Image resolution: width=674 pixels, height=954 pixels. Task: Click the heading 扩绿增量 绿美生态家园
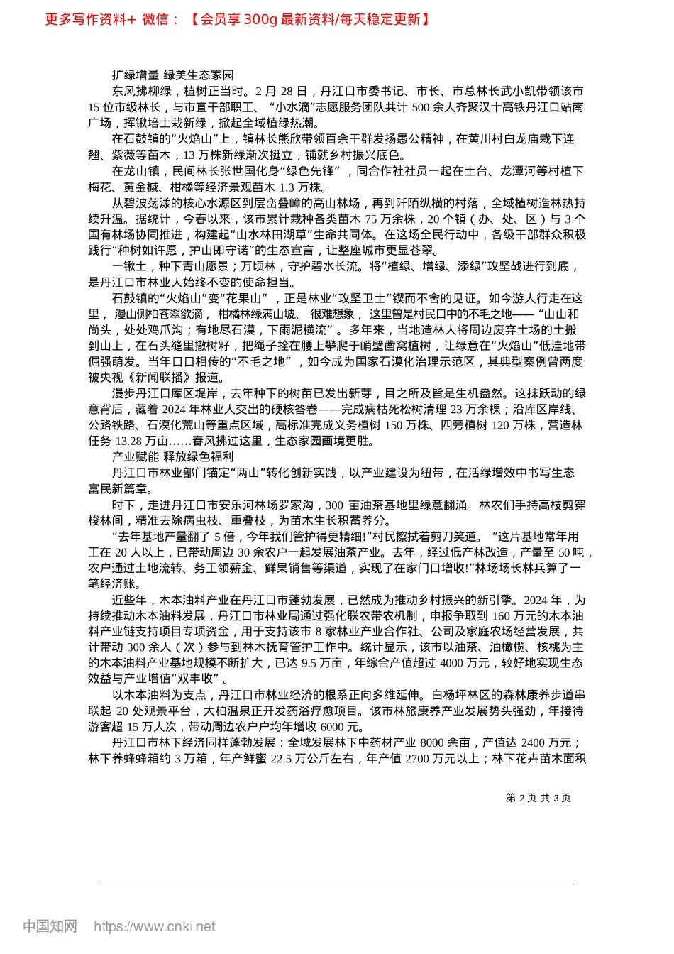[172, 75]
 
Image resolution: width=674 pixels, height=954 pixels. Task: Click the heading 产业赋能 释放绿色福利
[172, 456]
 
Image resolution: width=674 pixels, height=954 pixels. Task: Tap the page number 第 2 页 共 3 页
[538, 798]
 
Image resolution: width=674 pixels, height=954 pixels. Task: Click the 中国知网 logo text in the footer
[50, 926]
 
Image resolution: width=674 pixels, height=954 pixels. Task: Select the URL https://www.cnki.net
[155, 926]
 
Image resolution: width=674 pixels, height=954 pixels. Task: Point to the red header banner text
[237, 19]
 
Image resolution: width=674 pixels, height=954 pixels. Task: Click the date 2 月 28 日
[282, 92]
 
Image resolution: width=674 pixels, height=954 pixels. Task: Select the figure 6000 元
[342, 727]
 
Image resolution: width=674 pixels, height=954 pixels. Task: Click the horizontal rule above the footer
[336, 884]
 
